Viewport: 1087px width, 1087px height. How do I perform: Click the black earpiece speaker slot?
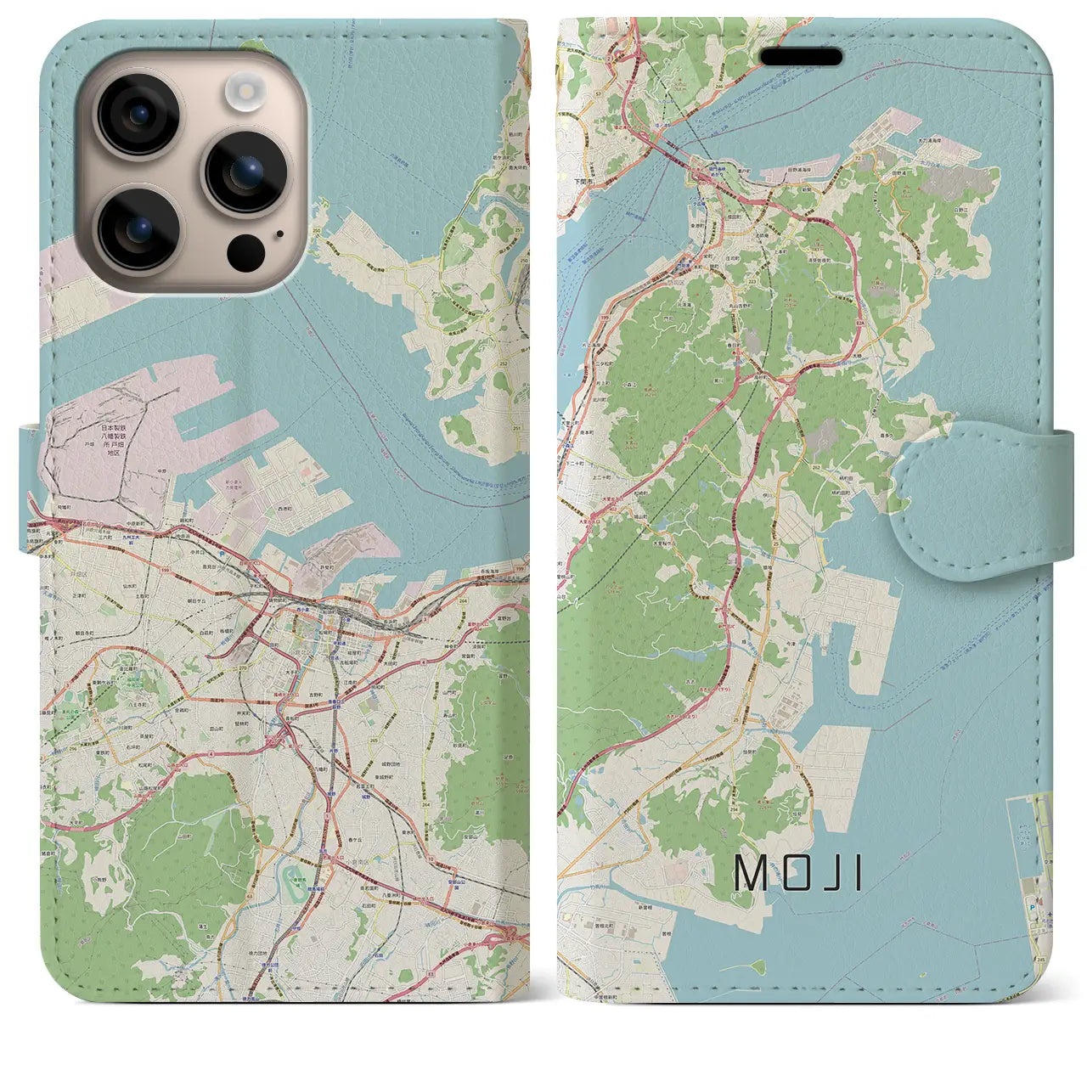click(801, 58)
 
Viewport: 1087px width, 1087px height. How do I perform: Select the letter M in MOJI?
click(750, 872)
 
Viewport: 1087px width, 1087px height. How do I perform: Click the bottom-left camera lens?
click(138, 228)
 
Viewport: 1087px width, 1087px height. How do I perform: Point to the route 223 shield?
click(752, 283)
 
